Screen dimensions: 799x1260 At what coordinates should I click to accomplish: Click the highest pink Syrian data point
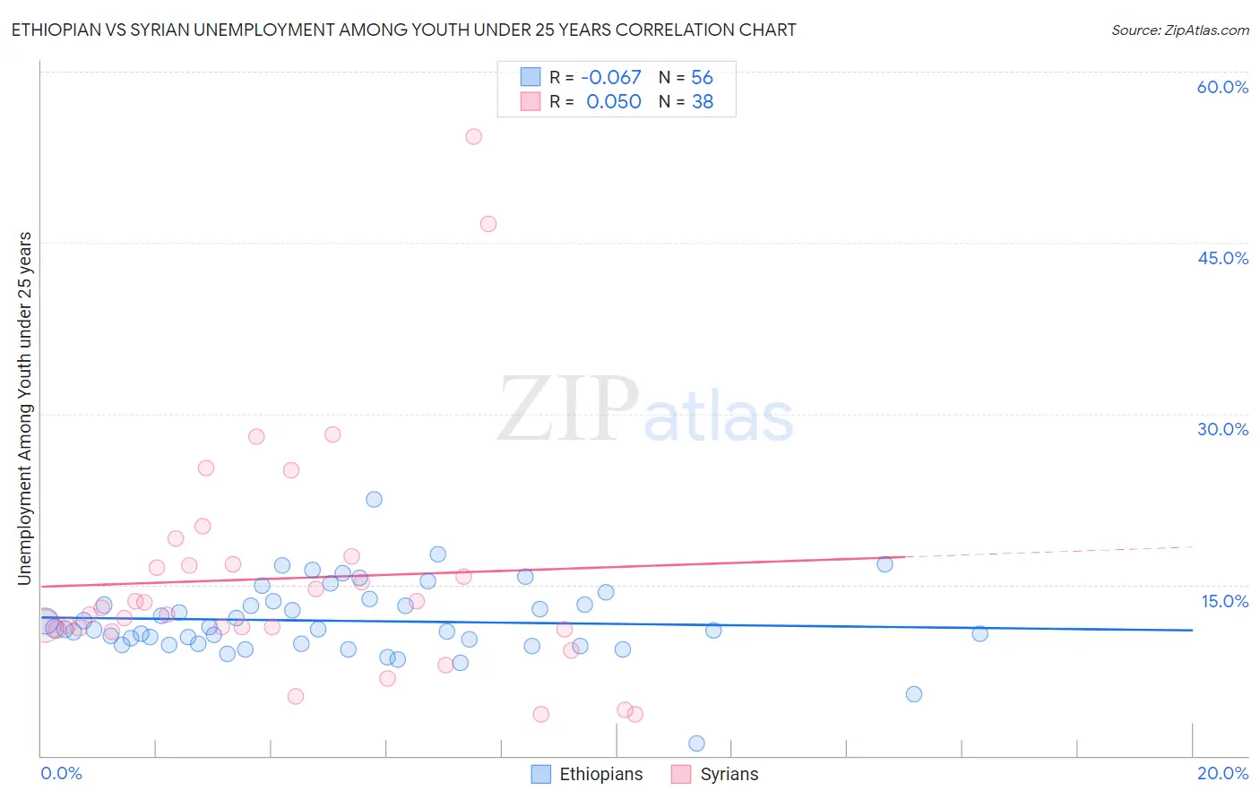pyautogui.click(x=473, y=137)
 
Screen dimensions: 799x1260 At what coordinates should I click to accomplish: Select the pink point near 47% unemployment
pyautogui.click(x=488, y=224)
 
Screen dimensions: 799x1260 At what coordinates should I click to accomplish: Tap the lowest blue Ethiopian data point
pyautogui.click(x=696, y=743)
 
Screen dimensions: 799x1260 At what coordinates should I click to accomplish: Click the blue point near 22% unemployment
pyautogui.click(x=375, y=499)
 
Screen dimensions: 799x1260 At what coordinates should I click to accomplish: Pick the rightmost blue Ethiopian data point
pyautogui.click(x=980, y=633)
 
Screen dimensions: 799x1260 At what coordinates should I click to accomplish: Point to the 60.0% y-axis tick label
pyautogui.click(x=1222, y=87)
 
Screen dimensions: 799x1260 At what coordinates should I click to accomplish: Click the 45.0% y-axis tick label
pyautogui.click(x=1222, y=258)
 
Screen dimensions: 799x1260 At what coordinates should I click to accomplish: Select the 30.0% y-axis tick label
pyautogui.click(x=1222, y=429)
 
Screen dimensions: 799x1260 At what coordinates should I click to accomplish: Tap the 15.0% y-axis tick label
pyautogui.click(x=1224, y=601)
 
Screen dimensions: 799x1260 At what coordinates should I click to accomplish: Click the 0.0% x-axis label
pyautogui.click(x=61, y=773)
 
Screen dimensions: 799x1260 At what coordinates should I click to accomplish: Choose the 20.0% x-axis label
pyautogui.click(x=1222, y=773)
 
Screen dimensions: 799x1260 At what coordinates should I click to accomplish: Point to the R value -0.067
pyautogui.click(x=611, y=78)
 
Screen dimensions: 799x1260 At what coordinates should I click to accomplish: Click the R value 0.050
pyautogui.click(x=614, y=102)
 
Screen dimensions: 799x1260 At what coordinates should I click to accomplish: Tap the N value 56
pyautogui.click(x=702, y=78)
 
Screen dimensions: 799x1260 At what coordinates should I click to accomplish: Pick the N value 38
pyautogui.click(x=703, y=102)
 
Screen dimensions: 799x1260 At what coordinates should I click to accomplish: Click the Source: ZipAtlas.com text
pyautogui.click(x=1179, y=30)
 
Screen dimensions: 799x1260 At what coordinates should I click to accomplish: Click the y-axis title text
pyautogui.click(x=24, y=408)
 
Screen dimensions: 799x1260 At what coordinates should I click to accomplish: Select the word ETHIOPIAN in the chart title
pyautogui.click(x=56, y=30)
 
